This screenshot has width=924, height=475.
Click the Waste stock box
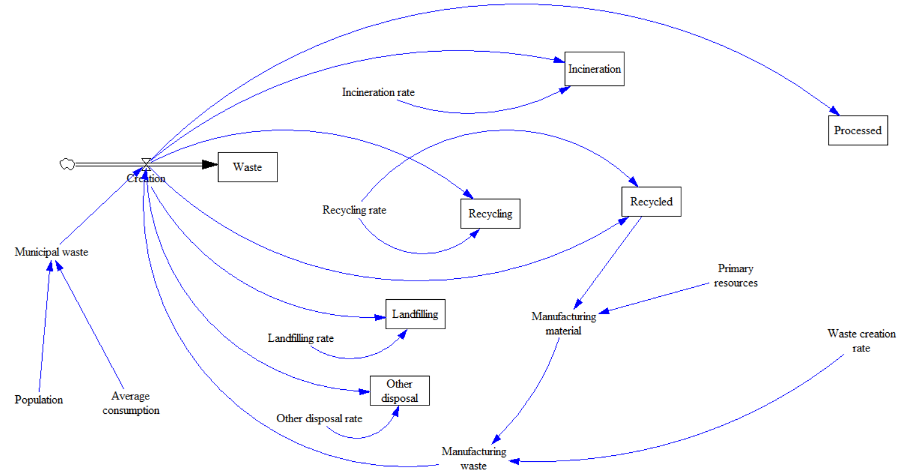point(247,167)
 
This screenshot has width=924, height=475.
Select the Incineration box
point(594,69)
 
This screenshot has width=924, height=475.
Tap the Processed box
point(857,130)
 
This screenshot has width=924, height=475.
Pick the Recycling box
point(490,214)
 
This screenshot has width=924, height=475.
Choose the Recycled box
point(651,202)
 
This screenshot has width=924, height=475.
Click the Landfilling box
point(415,314)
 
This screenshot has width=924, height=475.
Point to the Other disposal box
point(400,390)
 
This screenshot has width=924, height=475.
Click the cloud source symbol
point(67,164)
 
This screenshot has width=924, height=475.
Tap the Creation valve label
point(146,178)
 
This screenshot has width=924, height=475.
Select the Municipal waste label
point(52,252)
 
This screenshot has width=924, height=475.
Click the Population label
point(39,399)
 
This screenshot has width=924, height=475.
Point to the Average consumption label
point(131,403)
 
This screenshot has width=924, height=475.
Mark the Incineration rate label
point(378,92)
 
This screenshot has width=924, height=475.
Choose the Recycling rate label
point(354,210)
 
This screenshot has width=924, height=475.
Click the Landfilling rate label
point(301,338)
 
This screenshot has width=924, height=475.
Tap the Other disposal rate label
point(319,418)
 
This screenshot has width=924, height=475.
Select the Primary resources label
point(735,275)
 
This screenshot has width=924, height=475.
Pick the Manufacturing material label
point(564,323)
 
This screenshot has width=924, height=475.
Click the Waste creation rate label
point(862,341)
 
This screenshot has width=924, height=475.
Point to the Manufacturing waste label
point(474,458)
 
